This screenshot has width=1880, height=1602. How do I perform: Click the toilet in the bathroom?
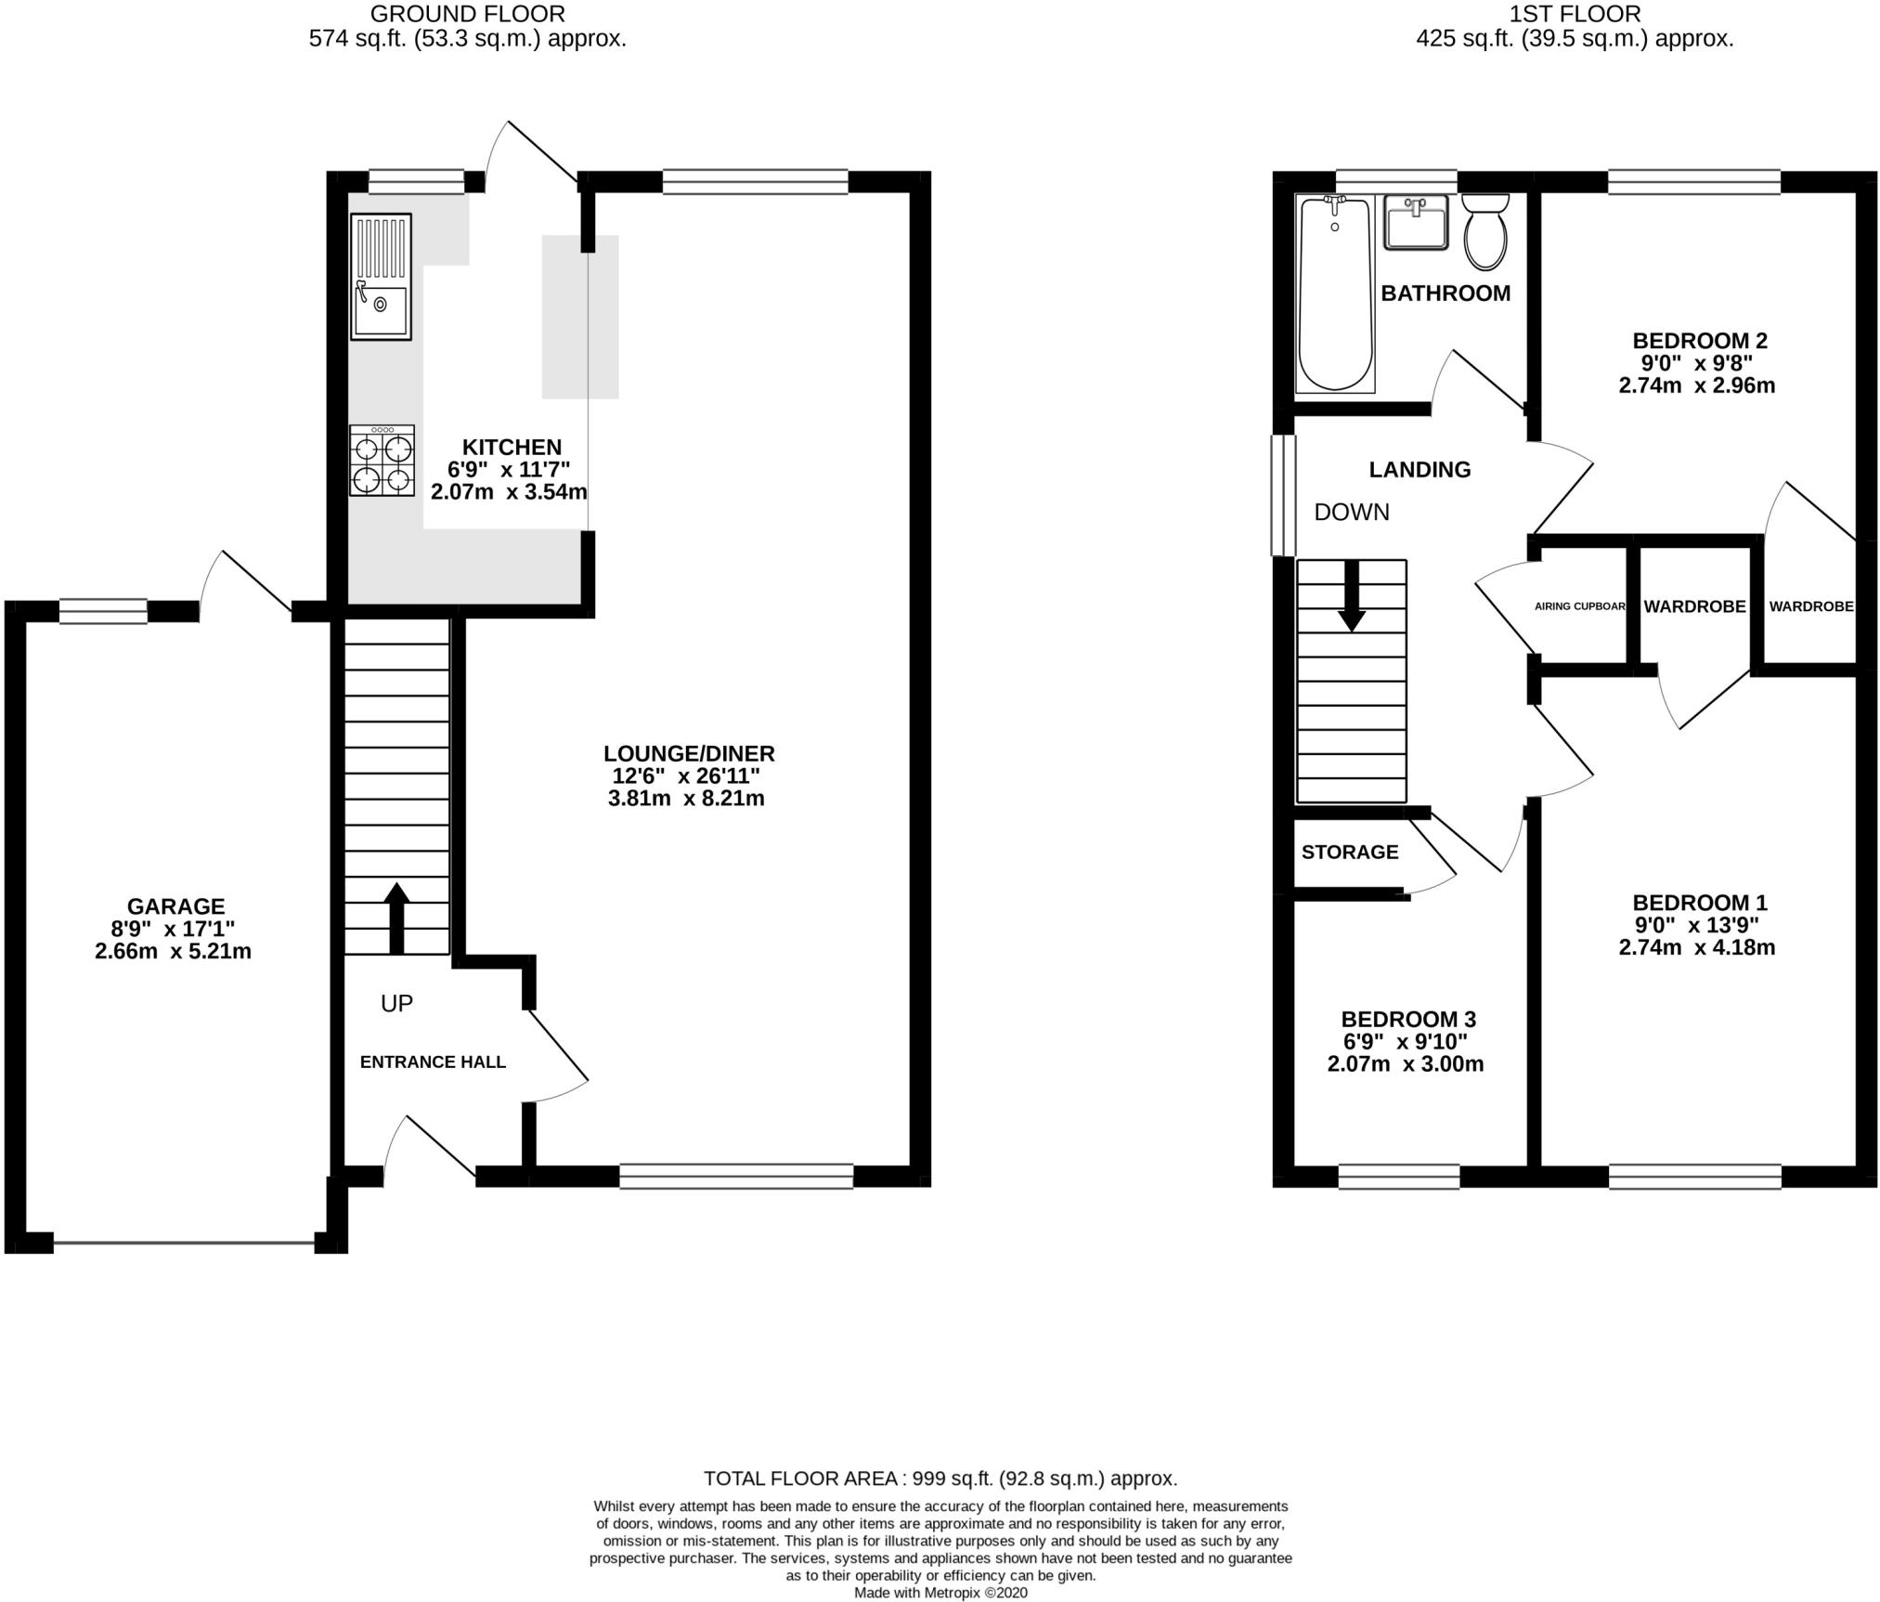point(1485,231)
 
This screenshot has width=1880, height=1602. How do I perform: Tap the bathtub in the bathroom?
point(1335,293)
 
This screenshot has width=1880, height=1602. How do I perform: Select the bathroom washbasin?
point(1416,222)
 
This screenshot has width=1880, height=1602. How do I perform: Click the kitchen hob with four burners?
point(382,460)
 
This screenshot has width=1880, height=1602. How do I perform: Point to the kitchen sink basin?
point(381,310)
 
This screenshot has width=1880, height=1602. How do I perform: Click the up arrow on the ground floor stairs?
point(396,918)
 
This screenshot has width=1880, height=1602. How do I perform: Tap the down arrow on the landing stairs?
point(1352,595)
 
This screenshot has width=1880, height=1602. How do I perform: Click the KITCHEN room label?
point(512,447)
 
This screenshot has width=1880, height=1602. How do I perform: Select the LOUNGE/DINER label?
point(689,753)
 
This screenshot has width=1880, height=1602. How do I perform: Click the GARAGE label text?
point(175,905)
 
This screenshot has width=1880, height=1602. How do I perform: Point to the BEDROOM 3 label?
point(1408,1019)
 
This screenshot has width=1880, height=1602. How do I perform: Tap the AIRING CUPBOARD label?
point(1580,606)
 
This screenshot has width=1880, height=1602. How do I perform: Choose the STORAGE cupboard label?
point(1350,852)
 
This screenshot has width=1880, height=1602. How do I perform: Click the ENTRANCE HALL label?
point(433,1061)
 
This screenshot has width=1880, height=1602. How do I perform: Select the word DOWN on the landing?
point(1352,512)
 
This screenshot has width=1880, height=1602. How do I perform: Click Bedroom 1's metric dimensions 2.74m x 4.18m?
point(1697,947)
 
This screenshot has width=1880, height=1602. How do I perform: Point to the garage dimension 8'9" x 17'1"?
point(174,928)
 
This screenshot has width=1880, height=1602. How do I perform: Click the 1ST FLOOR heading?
point(1575,14)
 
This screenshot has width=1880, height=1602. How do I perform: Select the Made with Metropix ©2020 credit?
point(940,1593)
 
